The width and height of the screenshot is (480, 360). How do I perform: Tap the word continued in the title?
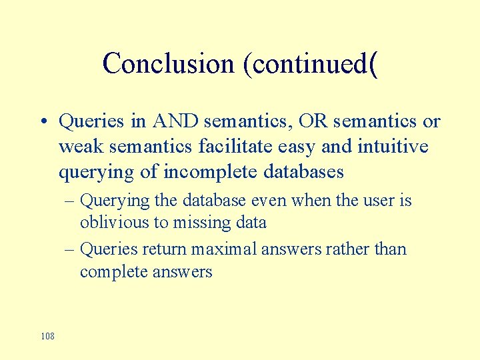tap(309, 64)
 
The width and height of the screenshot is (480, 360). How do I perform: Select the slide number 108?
tap(47, 336)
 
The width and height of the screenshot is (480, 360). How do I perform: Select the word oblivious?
tap(109, 223)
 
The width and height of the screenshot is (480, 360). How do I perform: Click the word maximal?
tap(223, 249)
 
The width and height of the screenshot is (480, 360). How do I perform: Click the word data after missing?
tap(249, 223)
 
